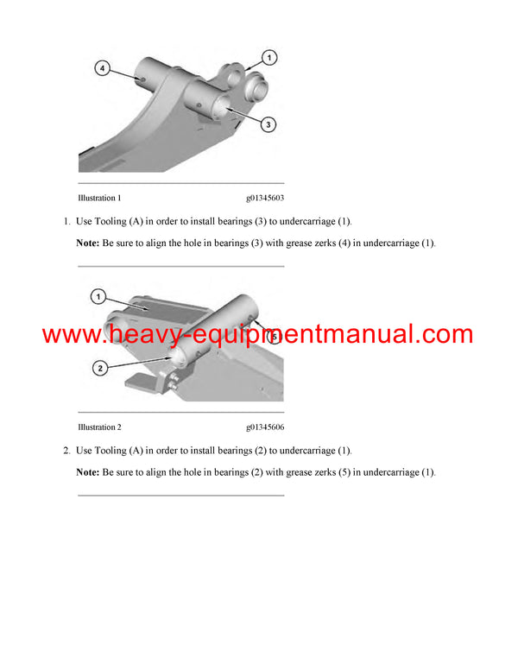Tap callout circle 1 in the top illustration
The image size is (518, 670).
point(268,58)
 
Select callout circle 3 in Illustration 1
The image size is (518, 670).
point(268,125)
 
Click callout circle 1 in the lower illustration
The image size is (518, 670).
point(98,298)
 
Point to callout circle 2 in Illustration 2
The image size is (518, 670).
point(100,369)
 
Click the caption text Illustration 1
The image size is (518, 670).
point(99,199)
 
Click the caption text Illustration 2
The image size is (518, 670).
point(99,427)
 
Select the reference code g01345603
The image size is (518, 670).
point(265,199)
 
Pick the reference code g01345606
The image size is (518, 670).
point(265,427)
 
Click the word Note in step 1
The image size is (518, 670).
point(87,243)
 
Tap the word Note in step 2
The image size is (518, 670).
point(87,472)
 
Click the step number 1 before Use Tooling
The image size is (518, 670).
point(66,222)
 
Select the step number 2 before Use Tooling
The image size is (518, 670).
point(66,451)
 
